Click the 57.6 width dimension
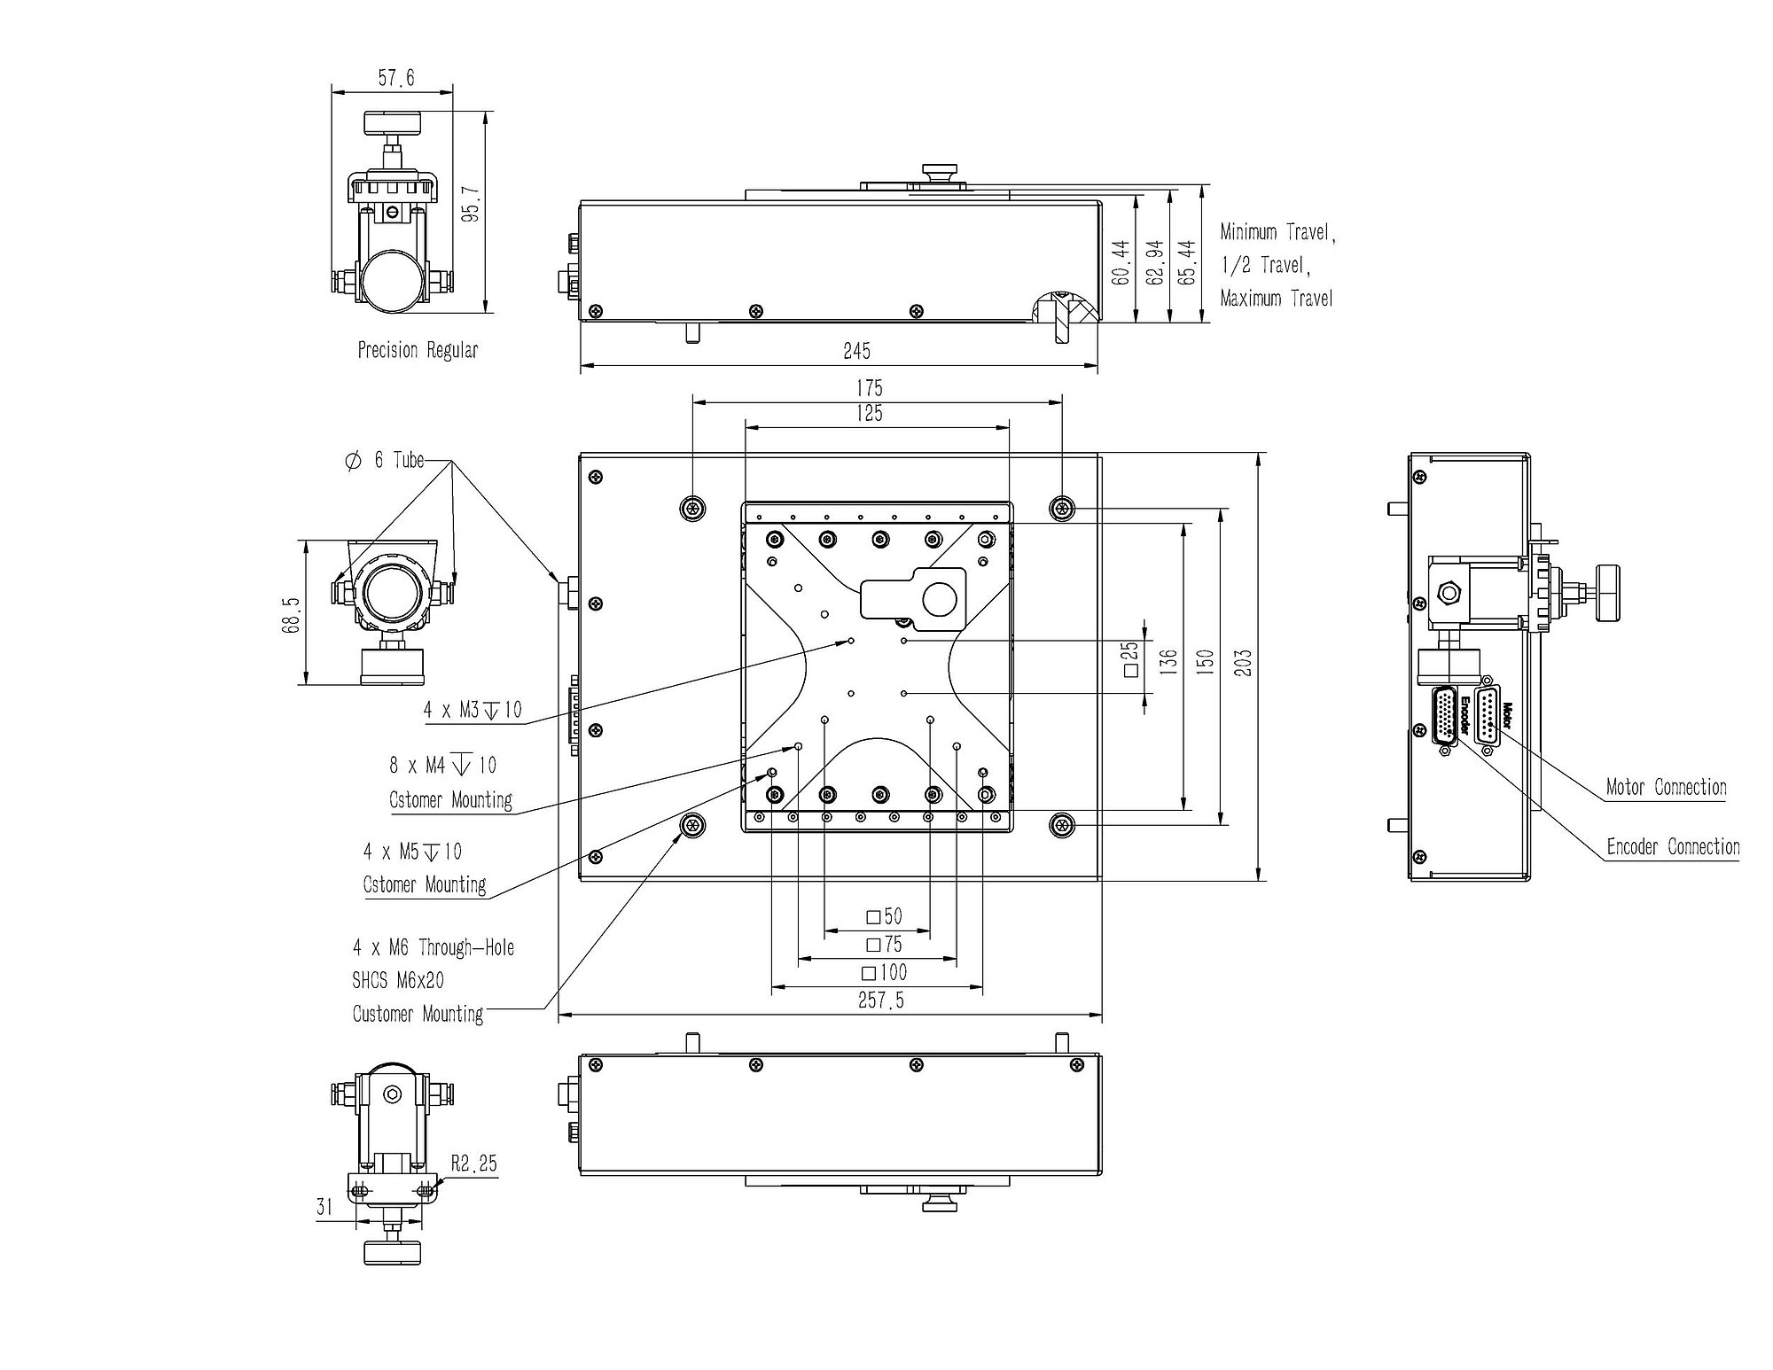coord(396,78)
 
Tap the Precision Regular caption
coord(418,350)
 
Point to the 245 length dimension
coord(856,351)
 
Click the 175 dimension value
coord(870,388)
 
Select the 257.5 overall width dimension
coord(881,1000)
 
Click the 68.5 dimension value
coord(292,614)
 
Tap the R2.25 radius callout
coord(474,1164)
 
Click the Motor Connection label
coord(1667,787)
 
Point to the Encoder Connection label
coord(1674,847)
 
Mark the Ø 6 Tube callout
coord(385,460)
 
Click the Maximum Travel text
coord(1277,299)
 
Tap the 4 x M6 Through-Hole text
coord(433,947)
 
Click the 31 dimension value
coord(324,1206)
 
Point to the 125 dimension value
coord(870,414)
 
